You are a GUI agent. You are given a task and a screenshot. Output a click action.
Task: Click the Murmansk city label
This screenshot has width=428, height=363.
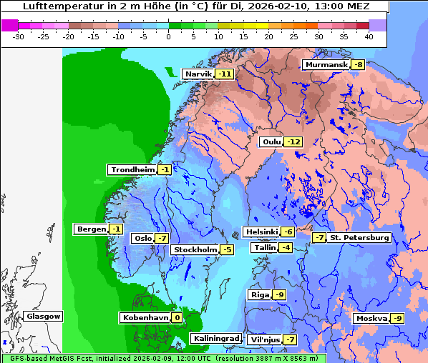(326, 65)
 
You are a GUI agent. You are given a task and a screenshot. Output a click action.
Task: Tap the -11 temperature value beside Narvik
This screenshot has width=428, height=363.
(225, 74)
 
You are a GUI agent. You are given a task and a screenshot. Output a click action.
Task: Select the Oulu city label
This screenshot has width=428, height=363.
(271, 142)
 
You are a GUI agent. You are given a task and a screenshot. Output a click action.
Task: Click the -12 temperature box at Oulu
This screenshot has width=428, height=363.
(293, 142)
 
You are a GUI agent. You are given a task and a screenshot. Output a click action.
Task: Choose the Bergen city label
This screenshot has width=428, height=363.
(91, 229)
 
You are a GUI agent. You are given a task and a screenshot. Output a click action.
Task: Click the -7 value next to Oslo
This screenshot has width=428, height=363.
(162, 239)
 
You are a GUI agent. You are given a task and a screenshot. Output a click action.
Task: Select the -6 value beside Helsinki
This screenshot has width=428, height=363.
(287, 232)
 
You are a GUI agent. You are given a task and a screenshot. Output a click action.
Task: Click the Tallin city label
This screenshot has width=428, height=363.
(264, 248)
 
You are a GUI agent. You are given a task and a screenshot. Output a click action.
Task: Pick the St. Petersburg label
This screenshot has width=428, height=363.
(359, 238)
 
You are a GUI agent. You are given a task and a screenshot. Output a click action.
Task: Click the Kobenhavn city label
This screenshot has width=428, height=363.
(144, 317)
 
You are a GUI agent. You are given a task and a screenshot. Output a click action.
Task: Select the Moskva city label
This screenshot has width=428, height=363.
(371, 318)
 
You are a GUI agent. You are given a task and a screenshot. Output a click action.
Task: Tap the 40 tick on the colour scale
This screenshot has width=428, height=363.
(369, 36)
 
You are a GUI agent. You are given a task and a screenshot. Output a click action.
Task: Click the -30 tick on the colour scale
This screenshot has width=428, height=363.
(19, 36)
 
